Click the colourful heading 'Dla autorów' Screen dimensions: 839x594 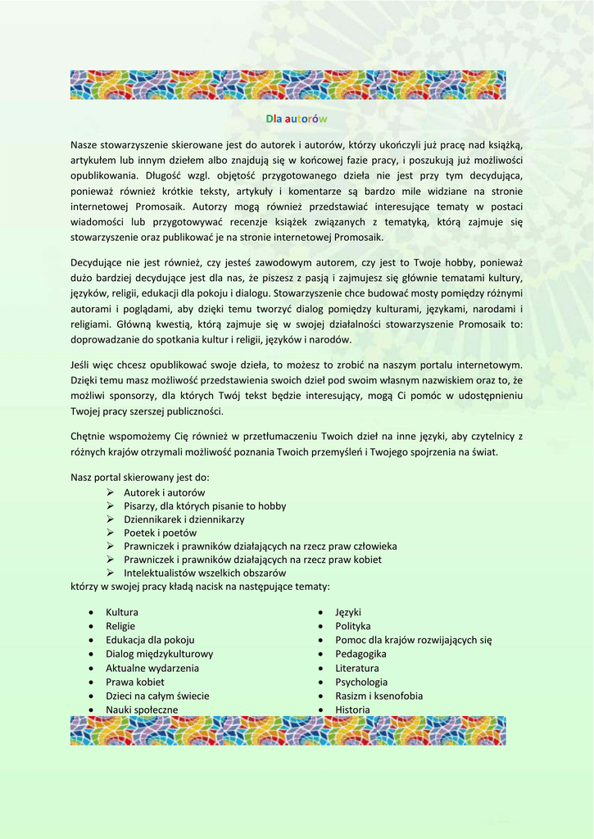tap(297, 120)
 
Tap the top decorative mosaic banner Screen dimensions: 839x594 tap(288, 85)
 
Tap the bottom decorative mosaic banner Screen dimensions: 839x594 tap(288, 731)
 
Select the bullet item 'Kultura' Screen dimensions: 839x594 tap(122, 612)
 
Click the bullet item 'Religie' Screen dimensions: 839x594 tap(120, 626)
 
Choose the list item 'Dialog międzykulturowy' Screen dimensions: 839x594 tap(159, 654)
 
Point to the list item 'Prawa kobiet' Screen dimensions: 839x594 tap(134, 682)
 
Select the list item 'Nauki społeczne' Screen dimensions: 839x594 tap(142, 710)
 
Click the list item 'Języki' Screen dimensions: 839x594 tap(348, 612)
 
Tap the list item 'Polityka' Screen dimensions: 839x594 tap(353, 626)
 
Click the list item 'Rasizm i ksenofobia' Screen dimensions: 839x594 tap(379, 696)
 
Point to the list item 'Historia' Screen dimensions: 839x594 tap(352, 710)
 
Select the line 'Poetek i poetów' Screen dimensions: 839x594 tap(160, 533)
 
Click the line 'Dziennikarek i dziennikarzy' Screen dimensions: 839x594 tap(184, 519)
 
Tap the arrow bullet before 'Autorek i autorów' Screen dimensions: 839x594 tap(110, 492)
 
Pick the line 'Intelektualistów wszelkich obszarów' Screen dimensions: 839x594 tap(205, 573)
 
